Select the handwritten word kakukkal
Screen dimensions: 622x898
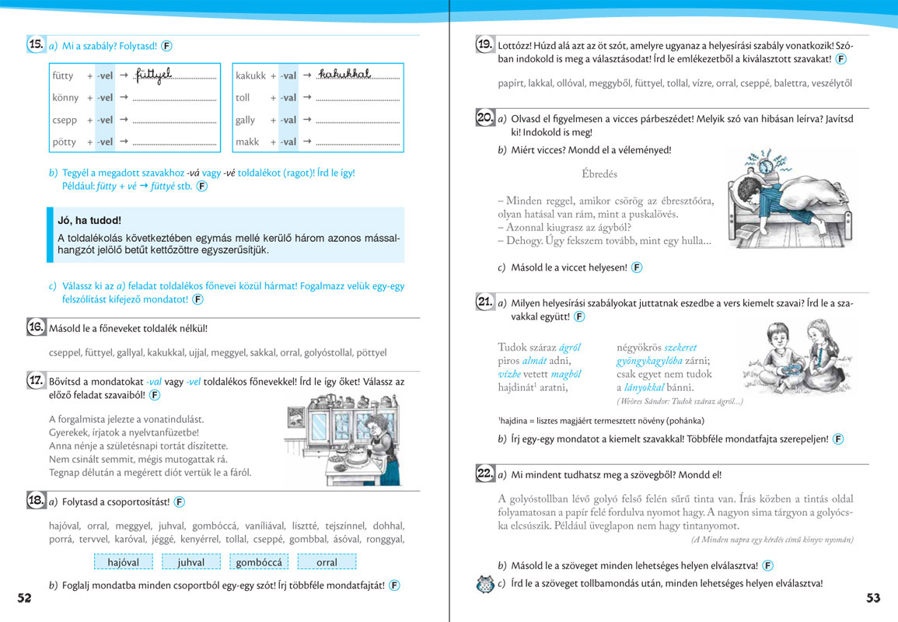pos(344,74)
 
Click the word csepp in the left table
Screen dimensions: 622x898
pos(65,121)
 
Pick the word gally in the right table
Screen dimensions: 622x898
pos(245,121)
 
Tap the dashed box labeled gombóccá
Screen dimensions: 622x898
pos(261,562)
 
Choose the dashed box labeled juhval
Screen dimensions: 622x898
pos(190,562)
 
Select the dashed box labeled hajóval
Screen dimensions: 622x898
pos(123,562)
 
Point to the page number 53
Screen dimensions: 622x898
pos(873,597)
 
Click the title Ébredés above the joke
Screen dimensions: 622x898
pos(599,174)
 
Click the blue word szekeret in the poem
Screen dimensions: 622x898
pos(680,348)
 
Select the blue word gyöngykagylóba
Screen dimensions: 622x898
pos(660,361)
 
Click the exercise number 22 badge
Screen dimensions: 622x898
pos(485,473)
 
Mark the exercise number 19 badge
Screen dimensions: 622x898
pos(485,44)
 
